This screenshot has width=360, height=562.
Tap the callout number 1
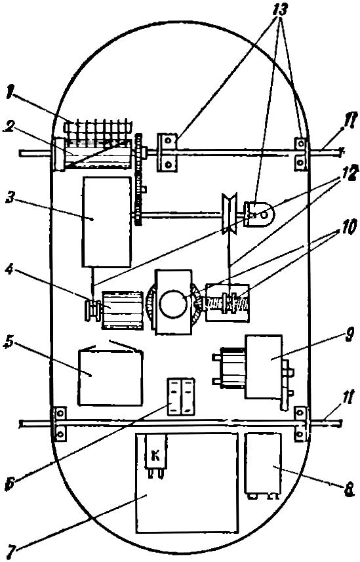click(9, 93)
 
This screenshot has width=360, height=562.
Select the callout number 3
click(10, 199)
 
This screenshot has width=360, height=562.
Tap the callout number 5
click(9, 342)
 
